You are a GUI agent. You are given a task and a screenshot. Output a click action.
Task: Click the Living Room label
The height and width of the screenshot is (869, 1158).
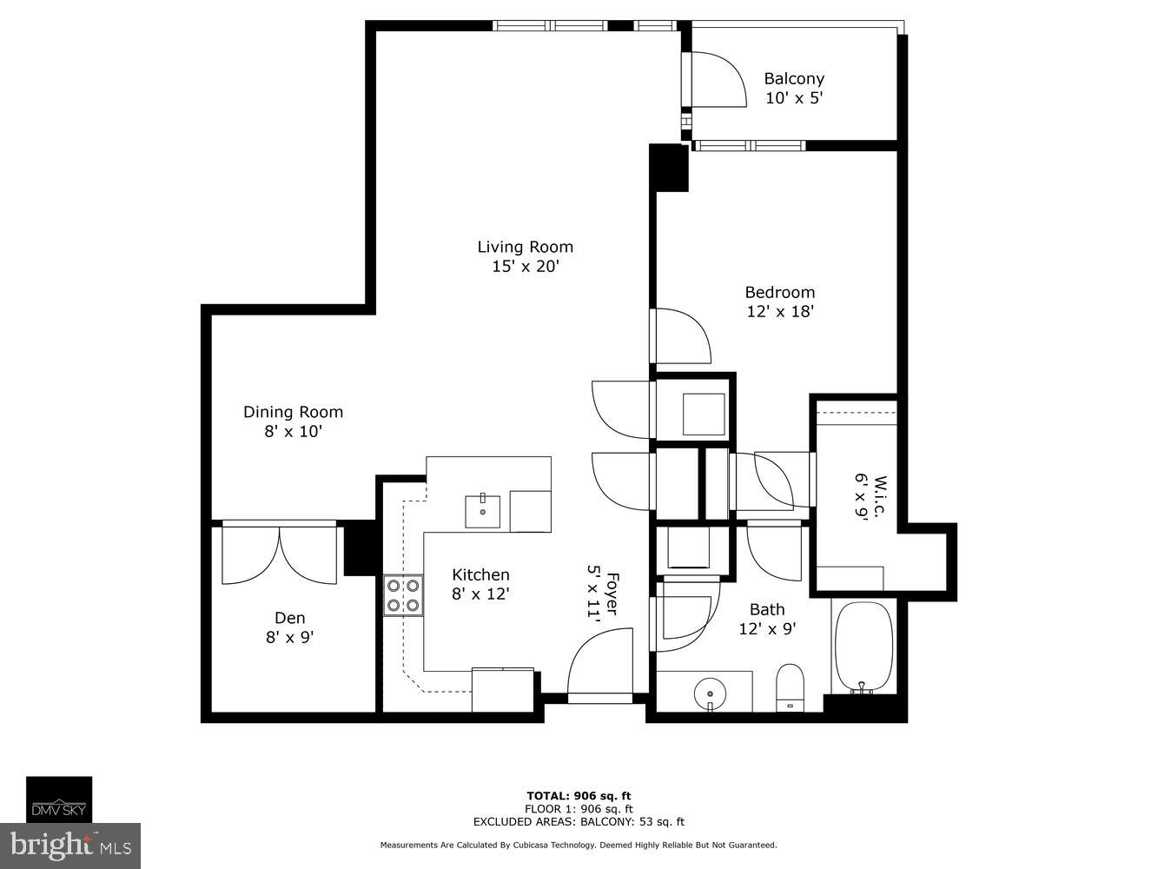point(525,247)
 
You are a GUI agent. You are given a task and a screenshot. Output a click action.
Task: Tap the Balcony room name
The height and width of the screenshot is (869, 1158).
point(793,78)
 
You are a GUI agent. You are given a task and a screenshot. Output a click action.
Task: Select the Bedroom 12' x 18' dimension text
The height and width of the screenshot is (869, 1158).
point(779,311)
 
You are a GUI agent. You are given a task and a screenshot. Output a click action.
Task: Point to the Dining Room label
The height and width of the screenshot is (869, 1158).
point(293,412)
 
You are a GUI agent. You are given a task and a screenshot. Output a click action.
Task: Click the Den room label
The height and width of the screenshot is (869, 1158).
point(289,618)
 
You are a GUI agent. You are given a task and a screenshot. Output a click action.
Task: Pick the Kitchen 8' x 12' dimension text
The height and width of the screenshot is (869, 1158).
point(480,594)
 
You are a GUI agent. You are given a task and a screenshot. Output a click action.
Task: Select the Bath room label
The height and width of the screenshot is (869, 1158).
point(767,609)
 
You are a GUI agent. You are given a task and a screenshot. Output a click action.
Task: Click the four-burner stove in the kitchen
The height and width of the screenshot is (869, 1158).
point(403,595)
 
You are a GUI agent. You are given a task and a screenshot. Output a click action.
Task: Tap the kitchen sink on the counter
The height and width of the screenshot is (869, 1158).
point(482,510)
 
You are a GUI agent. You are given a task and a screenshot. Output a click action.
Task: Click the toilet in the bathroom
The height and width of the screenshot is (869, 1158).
point(790,687)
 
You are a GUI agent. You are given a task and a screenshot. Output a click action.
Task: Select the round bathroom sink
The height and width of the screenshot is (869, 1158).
point(710,693)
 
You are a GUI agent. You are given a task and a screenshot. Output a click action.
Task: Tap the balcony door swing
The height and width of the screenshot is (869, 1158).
point(717,79)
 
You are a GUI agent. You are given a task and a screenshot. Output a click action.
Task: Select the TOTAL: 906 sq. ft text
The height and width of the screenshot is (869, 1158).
point(579,795)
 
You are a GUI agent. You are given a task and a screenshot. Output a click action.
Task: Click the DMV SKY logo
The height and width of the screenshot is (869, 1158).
point(58,799)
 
